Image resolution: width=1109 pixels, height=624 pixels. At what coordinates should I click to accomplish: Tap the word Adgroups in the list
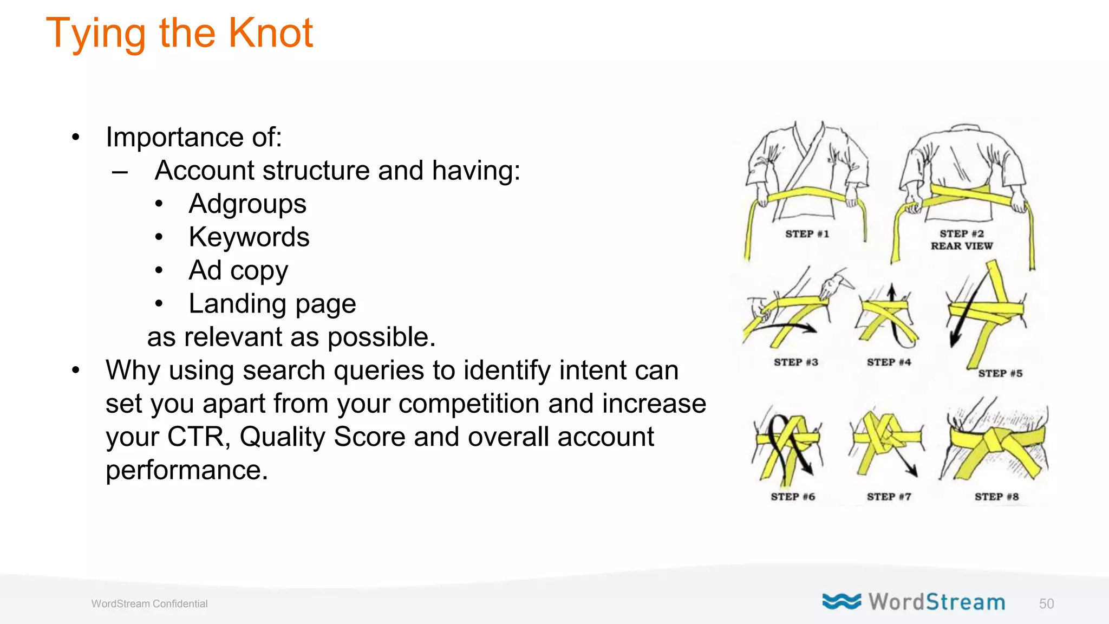click(x=247, y=204)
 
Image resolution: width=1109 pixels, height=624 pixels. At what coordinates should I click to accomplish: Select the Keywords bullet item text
click(x=249, y=237)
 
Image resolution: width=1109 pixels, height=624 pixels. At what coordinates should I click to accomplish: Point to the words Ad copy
click(x=238, y=271)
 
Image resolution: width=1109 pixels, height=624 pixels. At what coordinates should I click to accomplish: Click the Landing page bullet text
click(x=272, y=304)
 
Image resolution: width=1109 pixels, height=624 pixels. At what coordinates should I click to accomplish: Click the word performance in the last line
click(x=186, y=470)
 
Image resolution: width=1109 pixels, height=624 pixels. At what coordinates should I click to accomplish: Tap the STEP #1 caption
click(x=807, y=234)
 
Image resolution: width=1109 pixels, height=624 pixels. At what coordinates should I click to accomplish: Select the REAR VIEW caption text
click(x=962, y=246)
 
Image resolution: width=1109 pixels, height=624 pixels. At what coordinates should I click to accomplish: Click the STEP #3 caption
click(x=795, y=362)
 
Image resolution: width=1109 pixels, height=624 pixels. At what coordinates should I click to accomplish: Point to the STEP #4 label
click(x=889, y=362)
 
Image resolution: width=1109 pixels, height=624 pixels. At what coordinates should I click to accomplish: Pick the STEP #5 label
click(x=1000, y=373)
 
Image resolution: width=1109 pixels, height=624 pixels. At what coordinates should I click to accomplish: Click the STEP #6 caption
click(x=793, y=497)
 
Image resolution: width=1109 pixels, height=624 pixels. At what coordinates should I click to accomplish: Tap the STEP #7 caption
click(x=889, y=497)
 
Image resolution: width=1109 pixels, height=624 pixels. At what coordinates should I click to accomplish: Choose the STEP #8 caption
click(x=996, y=497)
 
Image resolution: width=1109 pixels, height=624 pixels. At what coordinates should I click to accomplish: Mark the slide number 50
click(x=1046, y=604)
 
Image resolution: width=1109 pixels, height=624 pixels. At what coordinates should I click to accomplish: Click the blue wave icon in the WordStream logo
click(x=841, y=601)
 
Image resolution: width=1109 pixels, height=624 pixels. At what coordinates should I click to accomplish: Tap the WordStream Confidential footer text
click(x=149, y=604)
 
